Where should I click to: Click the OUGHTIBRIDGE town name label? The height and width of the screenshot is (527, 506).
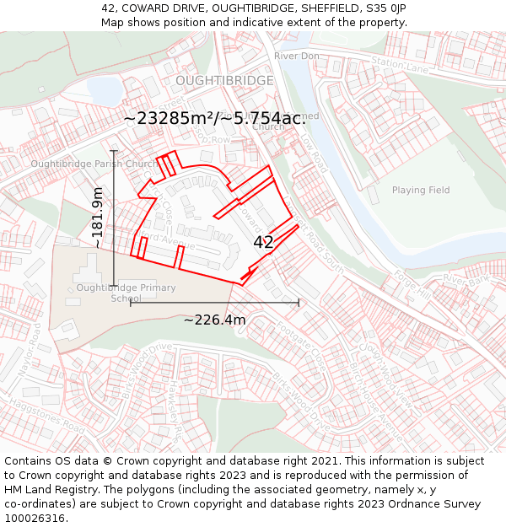[224, 80]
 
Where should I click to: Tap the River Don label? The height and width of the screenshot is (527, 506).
[296, 56]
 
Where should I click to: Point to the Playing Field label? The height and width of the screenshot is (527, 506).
[421, 190]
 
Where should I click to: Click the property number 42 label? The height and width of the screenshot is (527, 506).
[263, 242]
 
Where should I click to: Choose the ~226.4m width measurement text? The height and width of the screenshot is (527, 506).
[214, 320]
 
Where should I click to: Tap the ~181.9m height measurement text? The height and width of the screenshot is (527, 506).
[98, 218]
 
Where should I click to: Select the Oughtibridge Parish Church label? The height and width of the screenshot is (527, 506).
[93, 164]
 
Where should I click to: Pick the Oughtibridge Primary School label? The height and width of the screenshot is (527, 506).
[126, 293]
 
